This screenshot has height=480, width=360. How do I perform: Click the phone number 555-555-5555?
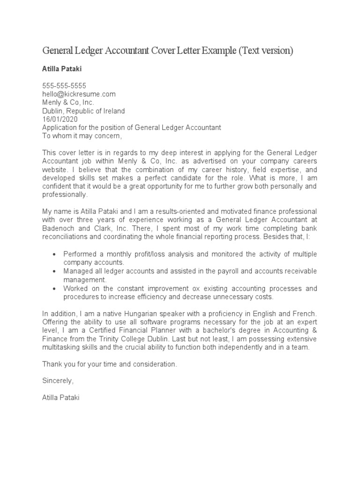(x=64, y=85)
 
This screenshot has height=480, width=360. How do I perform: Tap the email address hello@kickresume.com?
(x=79, y=94)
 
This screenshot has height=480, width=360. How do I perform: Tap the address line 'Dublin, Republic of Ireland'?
(x=83, y=111)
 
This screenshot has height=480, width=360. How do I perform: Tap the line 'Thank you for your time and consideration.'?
(x=110, y=364)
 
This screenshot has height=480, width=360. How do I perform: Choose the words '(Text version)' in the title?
(x=266, y=51)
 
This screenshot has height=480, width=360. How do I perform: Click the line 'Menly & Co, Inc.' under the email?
(x=68, y=102)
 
